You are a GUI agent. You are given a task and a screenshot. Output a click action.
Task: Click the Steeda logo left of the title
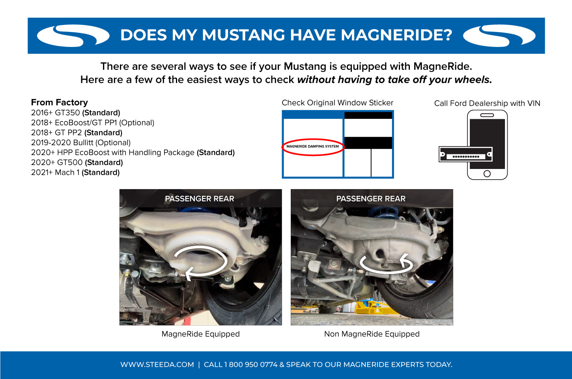[x=73, y=36]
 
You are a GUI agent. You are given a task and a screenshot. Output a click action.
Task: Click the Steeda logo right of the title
[x=499, y=36]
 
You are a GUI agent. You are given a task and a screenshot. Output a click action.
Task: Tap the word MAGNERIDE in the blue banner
[x=396, y=35]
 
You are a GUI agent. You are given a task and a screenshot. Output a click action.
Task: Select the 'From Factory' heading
[x=59, y=102]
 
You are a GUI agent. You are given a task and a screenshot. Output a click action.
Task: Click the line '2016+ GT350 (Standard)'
[x=75, y=113]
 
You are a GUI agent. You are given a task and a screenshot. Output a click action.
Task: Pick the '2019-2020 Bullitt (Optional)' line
[x=80, y=143]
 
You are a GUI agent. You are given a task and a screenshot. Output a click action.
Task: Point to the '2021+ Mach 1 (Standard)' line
[x=75, y=173]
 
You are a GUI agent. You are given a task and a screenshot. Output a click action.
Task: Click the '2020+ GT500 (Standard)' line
[x=77, y=162]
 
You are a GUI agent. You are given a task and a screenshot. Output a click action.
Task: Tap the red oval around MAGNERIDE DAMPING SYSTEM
[x=312, y=146]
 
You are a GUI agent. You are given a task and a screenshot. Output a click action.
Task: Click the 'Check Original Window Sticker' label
[x=337, y=103]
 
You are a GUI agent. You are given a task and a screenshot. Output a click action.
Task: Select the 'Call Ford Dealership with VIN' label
[x=487, y=103]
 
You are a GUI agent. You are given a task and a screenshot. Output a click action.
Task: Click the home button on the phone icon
[x=487, y=174]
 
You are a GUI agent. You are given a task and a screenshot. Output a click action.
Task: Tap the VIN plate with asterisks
[x=465, y=154]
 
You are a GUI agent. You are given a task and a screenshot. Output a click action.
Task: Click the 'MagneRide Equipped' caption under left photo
[x=200, y=334]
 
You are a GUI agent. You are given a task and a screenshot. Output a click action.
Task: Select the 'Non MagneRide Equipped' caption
[x=372, y=334]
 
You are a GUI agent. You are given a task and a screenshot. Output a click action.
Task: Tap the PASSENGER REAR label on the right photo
[x=371, y=199]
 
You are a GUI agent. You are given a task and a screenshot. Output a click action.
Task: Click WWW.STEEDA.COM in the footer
[x=157, y=365]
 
